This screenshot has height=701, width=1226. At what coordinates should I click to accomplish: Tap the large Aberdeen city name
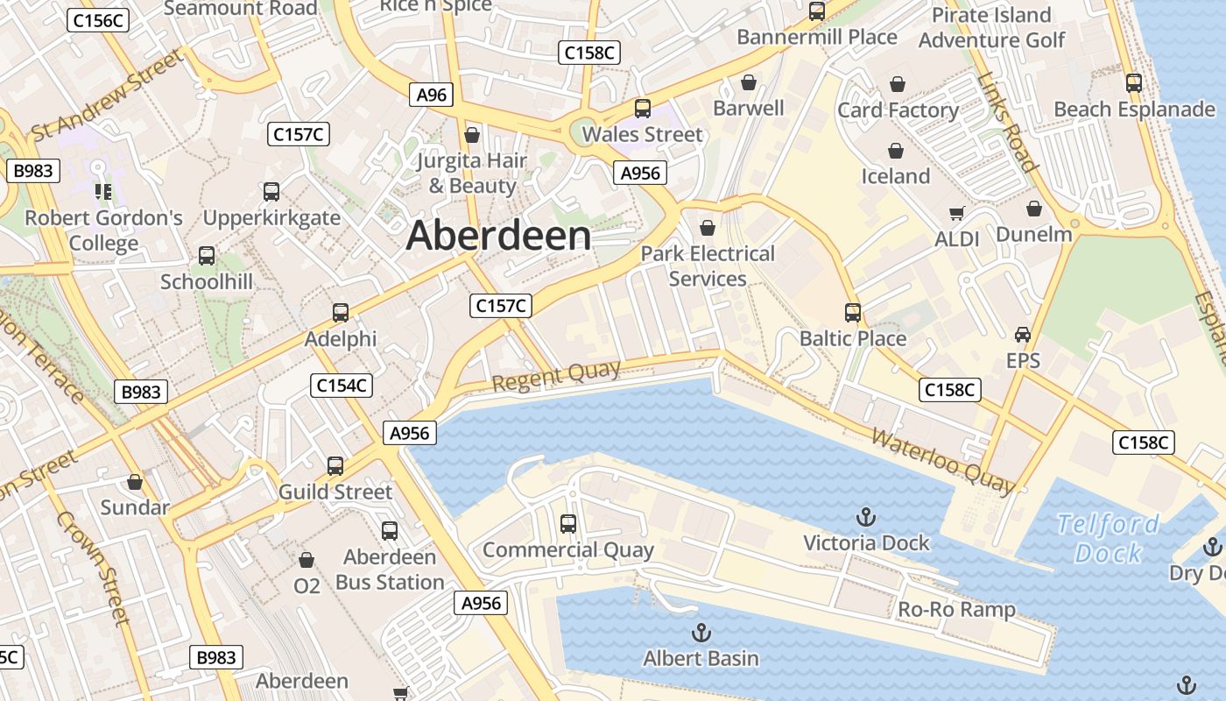tap(498, 236)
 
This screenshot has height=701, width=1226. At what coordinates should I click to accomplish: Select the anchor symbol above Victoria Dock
tap(865, 516)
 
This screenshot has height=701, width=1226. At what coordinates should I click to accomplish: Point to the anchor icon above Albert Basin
tap(701, 632)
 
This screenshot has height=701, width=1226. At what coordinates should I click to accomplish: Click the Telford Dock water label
tap(1108, 538)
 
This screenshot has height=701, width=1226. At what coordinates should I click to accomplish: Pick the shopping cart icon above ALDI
tap(957, 213)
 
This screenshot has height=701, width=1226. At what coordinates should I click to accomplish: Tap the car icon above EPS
tap(1023, 334)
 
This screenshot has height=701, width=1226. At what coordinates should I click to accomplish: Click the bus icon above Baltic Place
tap(853, 312)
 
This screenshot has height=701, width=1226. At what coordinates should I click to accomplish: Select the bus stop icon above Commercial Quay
tap(568, 524)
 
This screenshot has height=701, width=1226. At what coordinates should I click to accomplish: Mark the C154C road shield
tap(342, 385)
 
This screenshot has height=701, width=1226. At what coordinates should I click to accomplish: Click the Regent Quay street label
tap(556, 376)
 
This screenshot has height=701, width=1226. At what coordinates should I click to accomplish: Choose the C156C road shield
tap(99, 20)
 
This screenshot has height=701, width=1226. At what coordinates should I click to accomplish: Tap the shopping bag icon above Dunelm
tap(1034, 209)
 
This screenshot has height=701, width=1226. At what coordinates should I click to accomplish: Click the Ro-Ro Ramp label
tap(957, 610)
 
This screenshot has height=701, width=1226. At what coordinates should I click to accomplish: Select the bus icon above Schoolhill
tap(207, 256)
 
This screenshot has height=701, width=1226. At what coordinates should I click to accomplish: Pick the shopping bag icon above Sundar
tap(135, 482)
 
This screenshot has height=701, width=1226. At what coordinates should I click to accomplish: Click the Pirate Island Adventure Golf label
tap(991, 27)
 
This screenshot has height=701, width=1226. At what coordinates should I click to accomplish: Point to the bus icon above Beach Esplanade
tap(1134, 83)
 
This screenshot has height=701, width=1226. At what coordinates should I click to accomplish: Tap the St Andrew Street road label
tap(107, 95)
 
